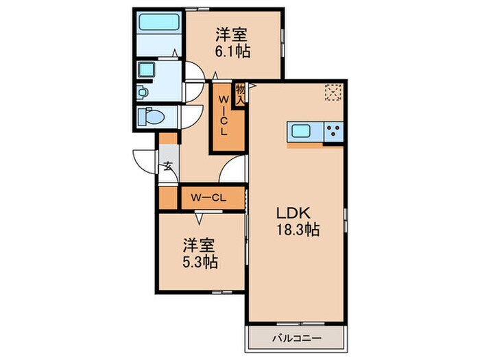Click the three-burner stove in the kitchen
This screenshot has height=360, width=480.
(x=333, y=131)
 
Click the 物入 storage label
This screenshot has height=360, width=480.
(x=241, y=94)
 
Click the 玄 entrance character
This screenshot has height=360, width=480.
(x=168, y=165)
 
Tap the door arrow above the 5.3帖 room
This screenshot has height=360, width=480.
(x=200, y=219)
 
